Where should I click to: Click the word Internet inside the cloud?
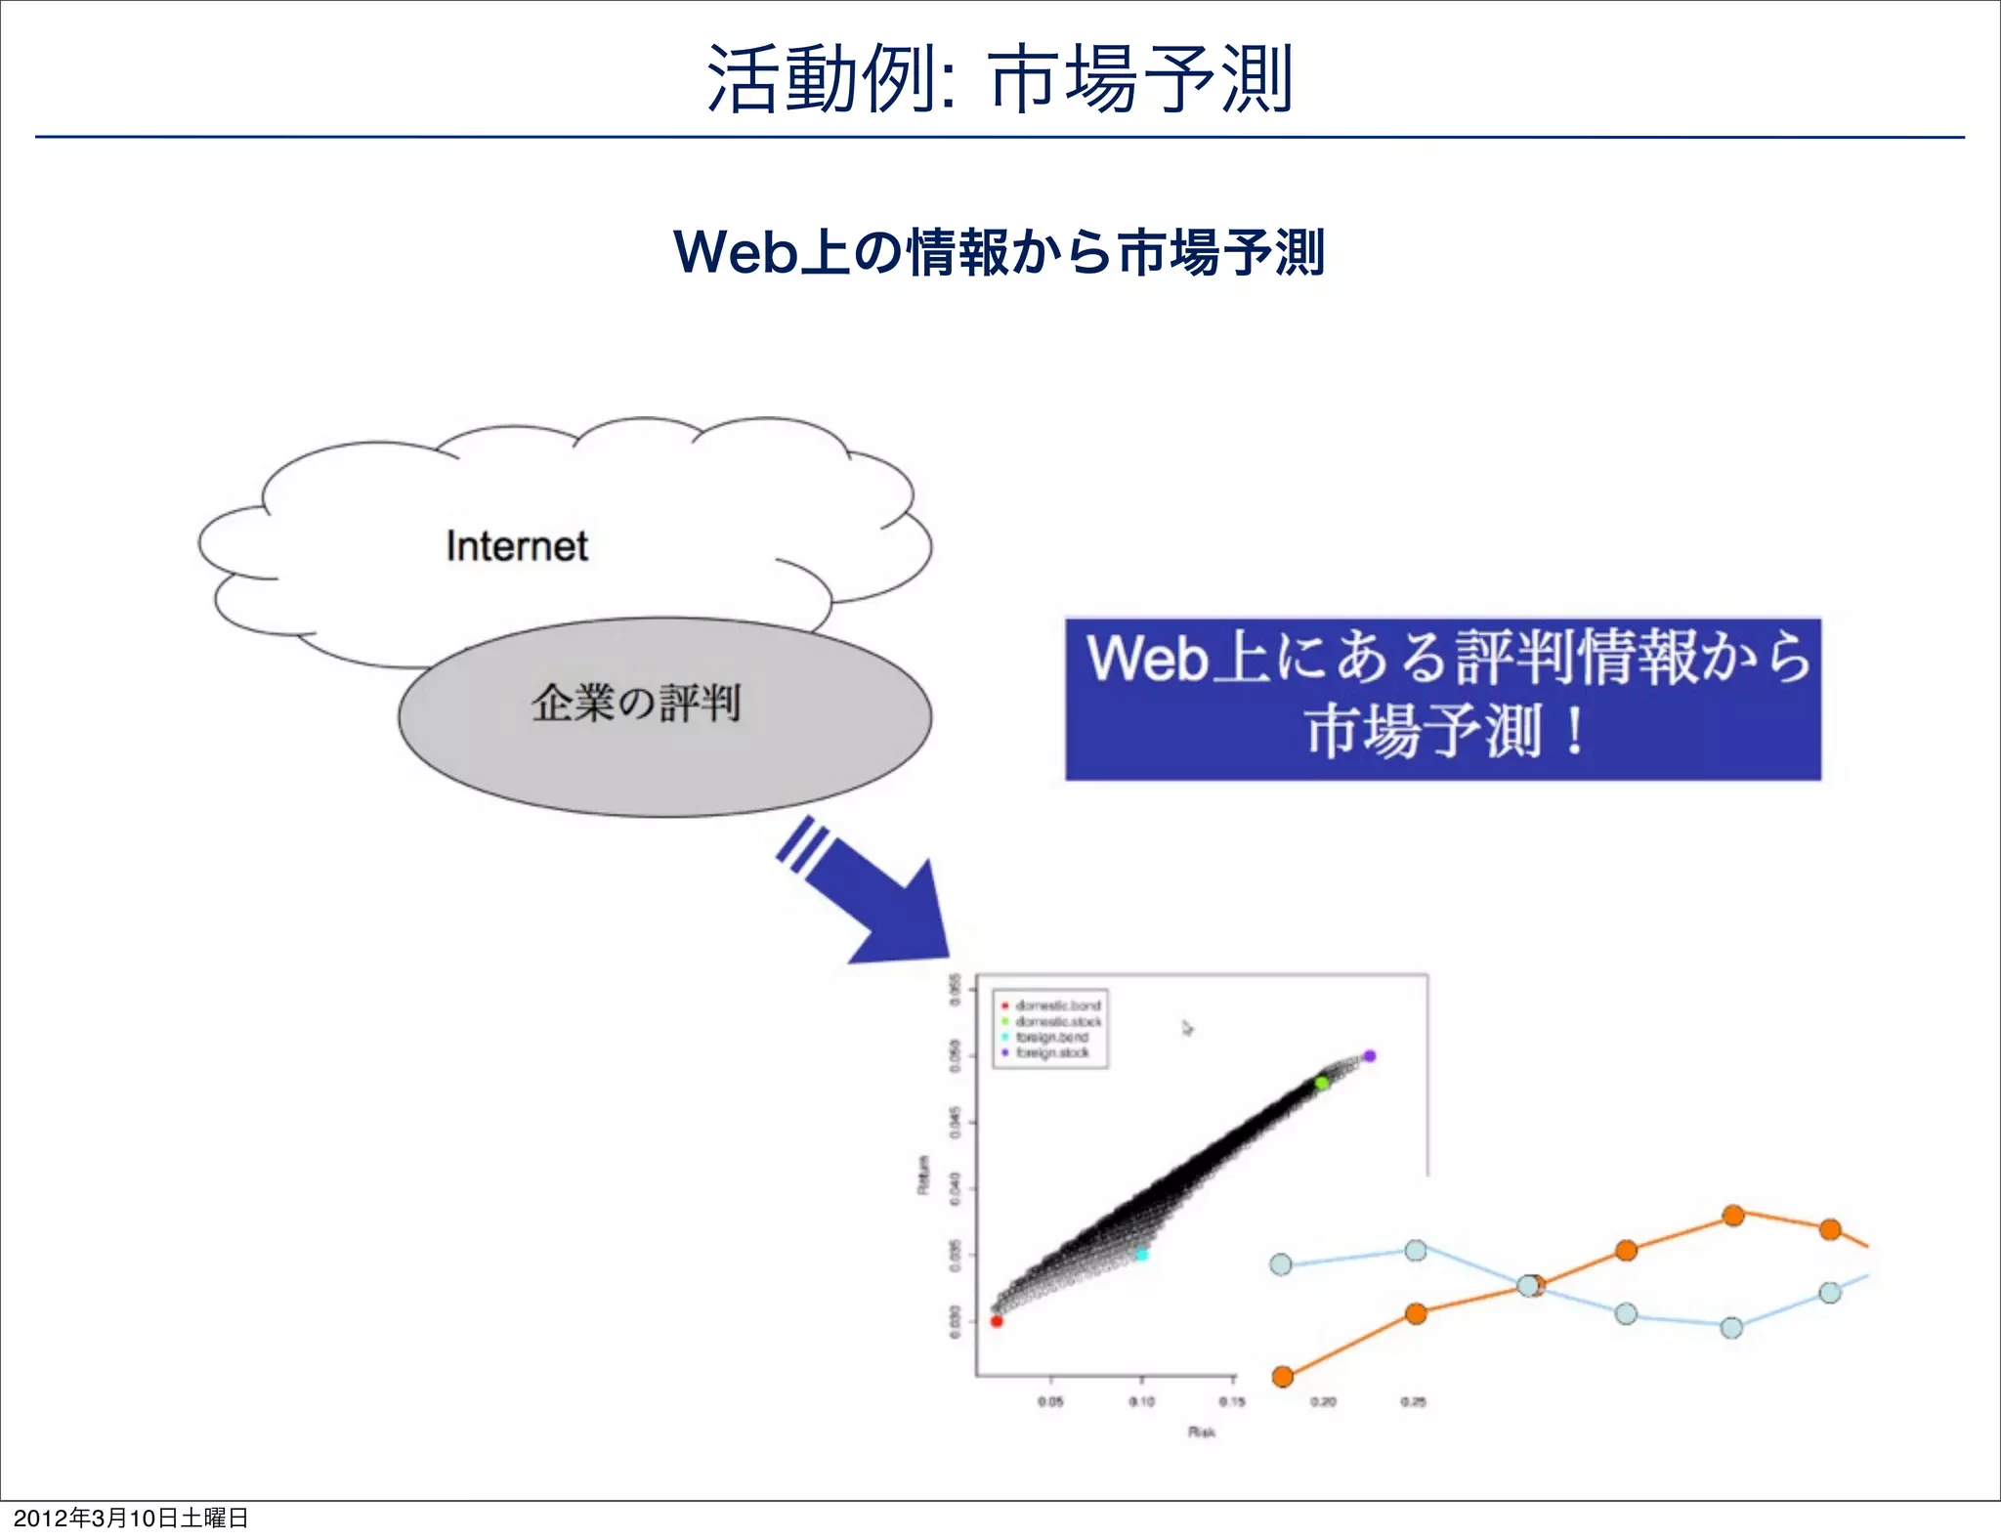pos(517,546)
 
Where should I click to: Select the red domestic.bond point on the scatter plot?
pos(997,1321)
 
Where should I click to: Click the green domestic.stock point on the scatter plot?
pos(1321,1083)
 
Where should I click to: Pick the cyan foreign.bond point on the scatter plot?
pos(1141,1254)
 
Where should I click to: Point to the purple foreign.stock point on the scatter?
pos(1370,1056)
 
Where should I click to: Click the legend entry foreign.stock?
pos(1052,1053)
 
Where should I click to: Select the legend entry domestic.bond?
pos(1057,1005)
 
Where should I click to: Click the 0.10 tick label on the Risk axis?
pos(1141,1401)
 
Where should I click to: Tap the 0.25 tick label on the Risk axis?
pos(1413,1401)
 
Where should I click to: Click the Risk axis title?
pos(1202,1432)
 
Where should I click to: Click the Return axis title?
pos(922,1175)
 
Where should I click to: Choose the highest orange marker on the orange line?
pos(1733,1216)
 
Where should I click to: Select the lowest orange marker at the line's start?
pos(1283,1377)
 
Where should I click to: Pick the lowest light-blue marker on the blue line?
pos(1731,1328)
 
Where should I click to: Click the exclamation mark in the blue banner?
pos(1574,733)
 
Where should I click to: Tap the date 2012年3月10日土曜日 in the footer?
pos(131,1518)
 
